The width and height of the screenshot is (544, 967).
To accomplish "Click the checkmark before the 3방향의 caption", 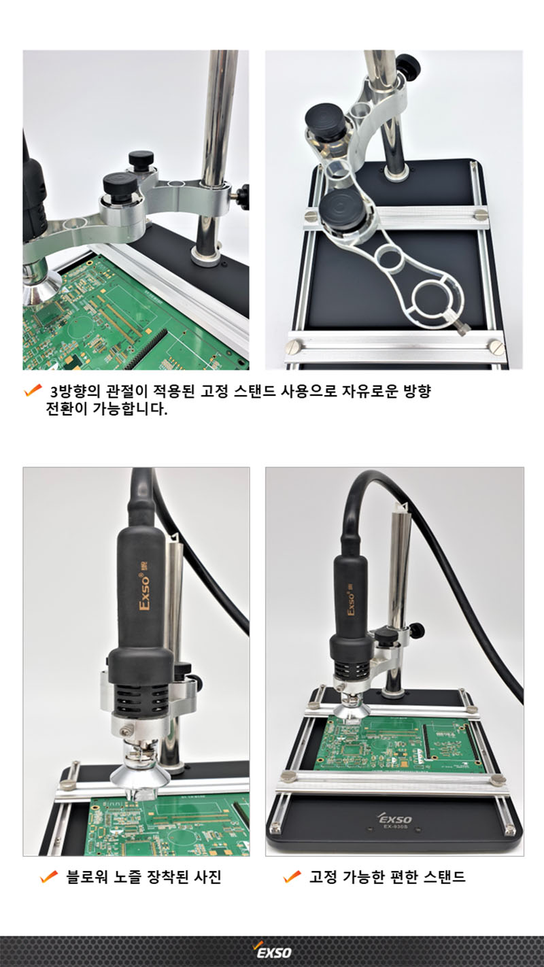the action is click(x=33, y=391).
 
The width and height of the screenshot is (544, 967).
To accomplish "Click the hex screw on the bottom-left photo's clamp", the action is click(x=126, y=730).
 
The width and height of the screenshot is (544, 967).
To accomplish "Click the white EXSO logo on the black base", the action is click(x=395, y=818).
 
